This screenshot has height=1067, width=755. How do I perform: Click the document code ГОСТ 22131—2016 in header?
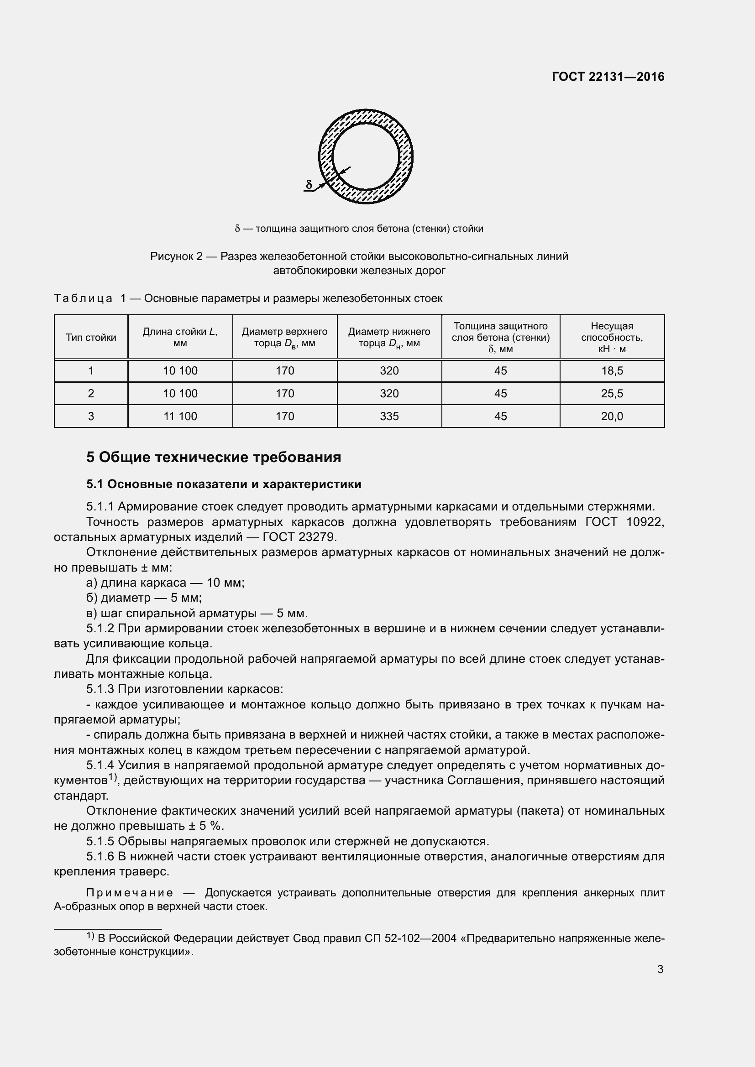pos(608,77)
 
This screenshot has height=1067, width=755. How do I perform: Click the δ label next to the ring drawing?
pos(309,184)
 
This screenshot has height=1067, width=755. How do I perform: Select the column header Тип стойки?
pos(91,338)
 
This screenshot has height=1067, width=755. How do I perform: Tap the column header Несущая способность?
pos(611,338)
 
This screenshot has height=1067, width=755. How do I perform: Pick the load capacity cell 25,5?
pos(611,394)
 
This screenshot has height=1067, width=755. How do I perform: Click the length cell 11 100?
pos(180,416)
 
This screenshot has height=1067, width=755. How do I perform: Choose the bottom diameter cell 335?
pos(388,416)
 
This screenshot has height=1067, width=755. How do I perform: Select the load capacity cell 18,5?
pos(611,371)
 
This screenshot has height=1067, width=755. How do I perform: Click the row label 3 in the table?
pos(91,416)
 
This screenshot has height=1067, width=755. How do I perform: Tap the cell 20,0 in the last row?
pos(611,416)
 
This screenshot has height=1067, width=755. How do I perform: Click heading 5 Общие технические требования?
pos(213,457)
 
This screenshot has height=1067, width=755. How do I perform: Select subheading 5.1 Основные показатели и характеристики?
pos(224,484)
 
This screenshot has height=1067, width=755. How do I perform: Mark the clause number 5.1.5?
pos(100,842)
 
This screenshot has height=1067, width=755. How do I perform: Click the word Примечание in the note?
pos(130,893)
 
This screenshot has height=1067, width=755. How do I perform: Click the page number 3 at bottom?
pos(660,969)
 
